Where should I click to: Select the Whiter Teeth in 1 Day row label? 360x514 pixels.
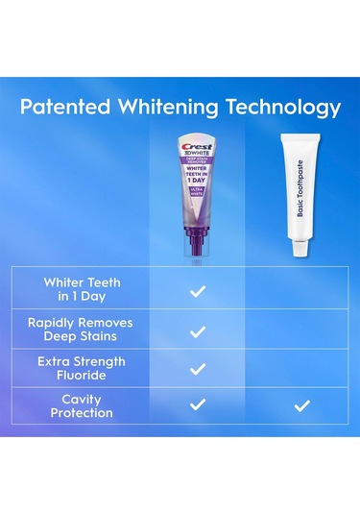point(80,289)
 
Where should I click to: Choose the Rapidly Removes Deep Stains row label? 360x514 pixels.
point(80,329)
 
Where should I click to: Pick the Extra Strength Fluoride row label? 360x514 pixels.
point(80,367)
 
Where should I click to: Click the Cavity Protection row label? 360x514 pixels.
point(80,406)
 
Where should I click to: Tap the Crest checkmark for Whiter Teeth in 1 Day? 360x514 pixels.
point(198,290)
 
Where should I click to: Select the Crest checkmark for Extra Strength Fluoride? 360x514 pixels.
point(198,368)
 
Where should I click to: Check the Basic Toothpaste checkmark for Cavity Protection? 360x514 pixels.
point(301,406)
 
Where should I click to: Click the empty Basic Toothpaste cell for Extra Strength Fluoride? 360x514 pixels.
point(301,368)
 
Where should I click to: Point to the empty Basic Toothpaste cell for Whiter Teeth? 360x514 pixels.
point(301,290)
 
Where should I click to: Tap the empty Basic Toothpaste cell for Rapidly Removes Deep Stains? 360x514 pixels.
point(301,330)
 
